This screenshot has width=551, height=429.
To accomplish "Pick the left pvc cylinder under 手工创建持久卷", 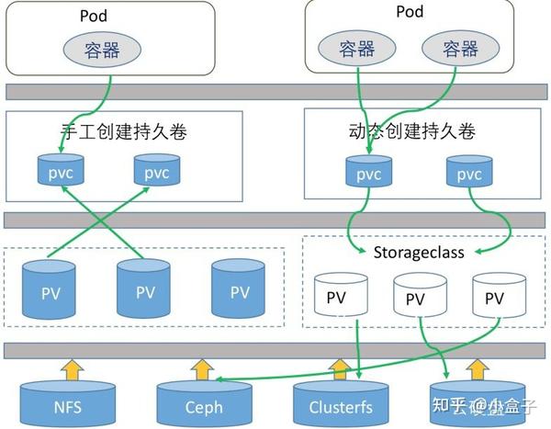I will (59, 171).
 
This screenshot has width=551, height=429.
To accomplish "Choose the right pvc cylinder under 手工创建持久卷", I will (156, 171).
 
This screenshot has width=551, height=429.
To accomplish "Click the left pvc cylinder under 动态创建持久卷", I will (367, 173).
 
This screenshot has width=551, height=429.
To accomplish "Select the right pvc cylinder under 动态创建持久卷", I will (468, 173).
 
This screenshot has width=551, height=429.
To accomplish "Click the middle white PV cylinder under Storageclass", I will (415, 297).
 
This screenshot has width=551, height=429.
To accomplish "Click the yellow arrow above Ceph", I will (202, 368).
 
